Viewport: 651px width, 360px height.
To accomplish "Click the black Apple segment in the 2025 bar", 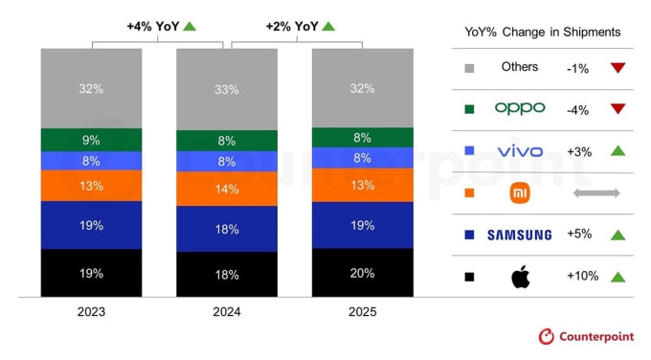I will click(x=362, y=272).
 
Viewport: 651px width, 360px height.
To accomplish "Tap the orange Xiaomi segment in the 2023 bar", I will click(x=92, y=186).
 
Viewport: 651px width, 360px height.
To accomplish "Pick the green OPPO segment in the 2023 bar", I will click(x=92, y=140).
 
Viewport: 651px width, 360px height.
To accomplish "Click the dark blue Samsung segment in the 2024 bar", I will click(x=227, y=229).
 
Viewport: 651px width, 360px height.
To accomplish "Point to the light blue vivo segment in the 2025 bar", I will click(x=362, y=158).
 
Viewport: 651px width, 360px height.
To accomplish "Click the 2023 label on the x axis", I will click(x=92, y=312).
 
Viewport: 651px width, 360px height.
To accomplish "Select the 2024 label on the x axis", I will click(x=227, y=312).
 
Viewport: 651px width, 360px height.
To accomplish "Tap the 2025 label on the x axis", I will click(x=362, y=312).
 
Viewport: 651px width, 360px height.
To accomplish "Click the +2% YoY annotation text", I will click(x=291, y=26).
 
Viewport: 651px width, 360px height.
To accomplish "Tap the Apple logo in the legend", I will click(x=520, y=277).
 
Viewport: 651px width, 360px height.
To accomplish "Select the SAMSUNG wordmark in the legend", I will click(x=520, y=235).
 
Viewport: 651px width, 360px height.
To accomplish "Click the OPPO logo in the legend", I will click(x=520, y=108).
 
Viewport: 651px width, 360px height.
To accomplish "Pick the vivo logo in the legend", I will click(x=520, y=151).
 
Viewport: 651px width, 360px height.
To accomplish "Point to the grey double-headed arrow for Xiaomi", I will click(x=596, y=193).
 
